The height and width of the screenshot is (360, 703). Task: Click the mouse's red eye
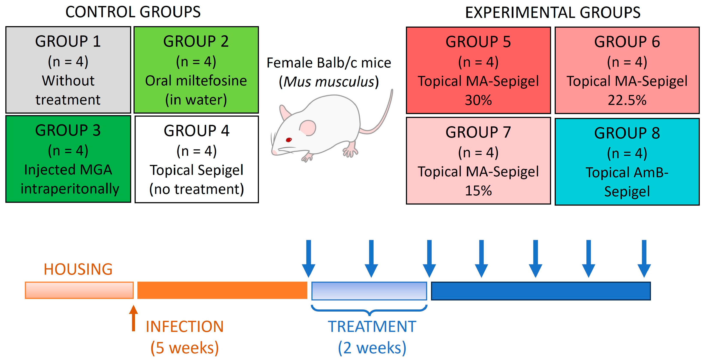coord(289,140)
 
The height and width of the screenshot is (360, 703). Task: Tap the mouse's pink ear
coord(308,128)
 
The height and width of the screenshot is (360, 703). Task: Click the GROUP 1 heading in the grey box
coord(68,42)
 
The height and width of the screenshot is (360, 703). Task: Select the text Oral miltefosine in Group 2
coord(196,81)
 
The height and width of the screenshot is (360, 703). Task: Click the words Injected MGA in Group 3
coord(68,170)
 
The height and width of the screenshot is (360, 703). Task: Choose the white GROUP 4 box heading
coord(197,130)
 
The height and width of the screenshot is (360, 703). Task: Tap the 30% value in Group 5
coord(478,100)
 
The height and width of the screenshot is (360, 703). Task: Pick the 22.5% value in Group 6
coord(627,100)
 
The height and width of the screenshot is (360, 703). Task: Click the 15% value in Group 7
coord(478,190)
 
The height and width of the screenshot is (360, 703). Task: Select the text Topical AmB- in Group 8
coord(627,172)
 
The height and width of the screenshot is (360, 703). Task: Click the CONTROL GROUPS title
coord(133,12)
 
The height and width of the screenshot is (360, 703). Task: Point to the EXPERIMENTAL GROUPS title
coord(553,13)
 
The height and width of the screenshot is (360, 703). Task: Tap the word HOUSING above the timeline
coord(78,269)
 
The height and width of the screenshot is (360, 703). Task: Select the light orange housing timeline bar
coord(79,290)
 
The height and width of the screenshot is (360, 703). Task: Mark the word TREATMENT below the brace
coord(372,326)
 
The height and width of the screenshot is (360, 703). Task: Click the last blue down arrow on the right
coord(644,259)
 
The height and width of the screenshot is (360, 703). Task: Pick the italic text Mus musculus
coord(329,82)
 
